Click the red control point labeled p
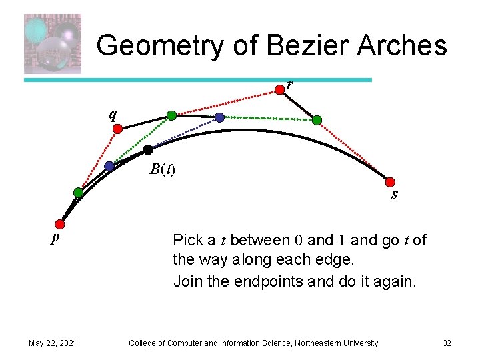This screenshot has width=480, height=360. tap(61, 224)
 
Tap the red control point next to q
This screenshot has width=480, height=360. tap(117, 131)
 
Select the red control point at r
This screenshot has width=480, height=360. tap(280, 88)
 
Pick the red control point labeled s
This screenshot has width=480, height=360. tap(391, 182)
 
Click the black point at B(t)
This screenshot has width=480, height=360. tap(148, 150)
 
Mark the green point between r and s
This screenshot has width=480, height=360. tap(317, 120)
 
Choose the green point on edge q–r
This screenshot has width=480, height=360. tap(171, 116)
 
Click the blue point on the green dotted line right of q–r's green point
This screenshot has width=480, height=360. tap(220, 118)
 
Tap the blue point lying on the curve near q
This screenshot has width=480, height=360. tap(109, 166)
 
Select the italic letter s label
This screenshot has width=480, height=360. tap(395, 195)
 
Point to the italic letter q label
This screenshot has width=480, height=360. tap(113, 114)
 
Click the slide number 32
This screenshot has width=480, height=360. tap(447, 343)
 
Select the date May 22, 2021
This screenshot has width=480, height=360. tap(53, 343)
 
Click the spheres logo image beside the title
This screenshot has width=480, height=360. tap(53, 44)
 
